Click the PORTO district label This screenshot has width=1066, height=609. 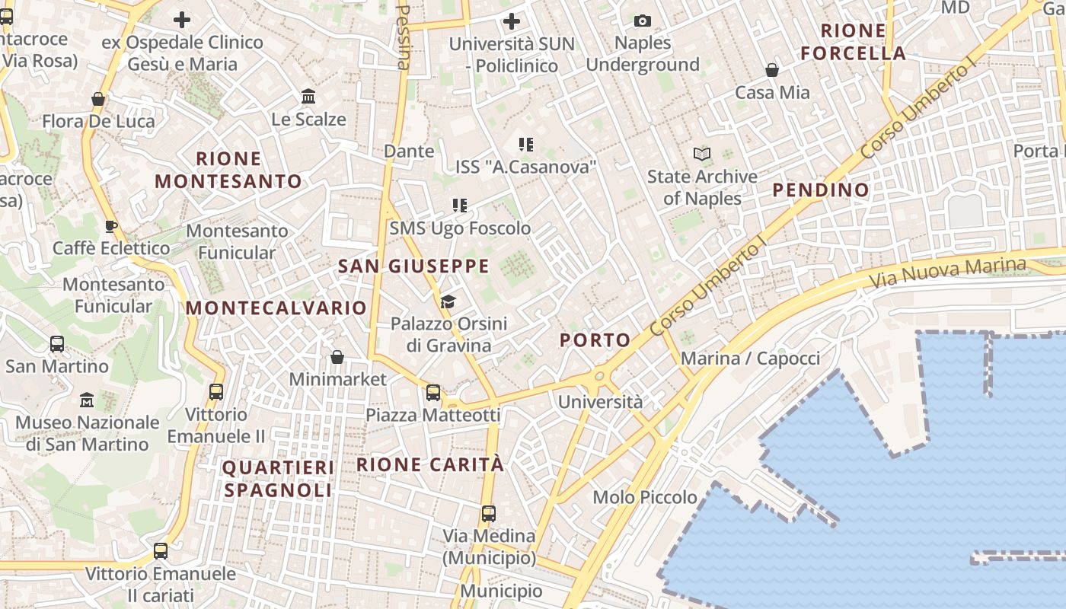coord(595,340)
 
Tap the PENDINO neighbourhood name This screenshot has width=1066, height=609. coord(821,190)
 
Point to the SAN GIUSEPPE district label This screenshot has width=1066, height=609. coord(413,266)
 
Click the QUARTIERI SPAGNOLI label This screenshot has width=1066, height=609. coord(278,478)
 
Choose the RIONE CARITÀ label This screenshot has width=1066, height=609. coord(430,464)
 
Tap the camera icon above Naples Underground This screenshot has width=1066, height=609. coord(643,21)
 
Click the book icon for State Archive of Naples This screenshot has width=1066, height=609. coord(701,155)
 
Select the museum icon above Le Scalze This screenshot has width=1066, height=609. coord(308,97)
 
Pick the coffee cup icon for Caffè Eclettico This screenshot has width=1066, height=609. coord(111,226)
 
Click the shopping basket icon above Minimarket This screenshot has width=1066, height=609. coord(337,357)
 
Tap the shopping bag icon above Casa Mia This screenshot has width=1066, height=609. coord(772,70)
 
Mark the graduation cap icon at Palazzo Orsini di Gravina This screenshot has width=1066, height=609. coord(448,302)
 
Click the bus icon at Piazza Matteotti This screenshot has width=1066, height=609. coord(433,393)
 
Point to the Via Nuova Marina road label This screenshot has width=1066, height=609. coord(948,273)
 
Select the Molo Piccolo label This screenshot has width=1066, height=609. coord(645,498)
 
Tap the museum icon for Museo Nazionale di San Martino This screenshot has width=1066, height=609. coord(87,400)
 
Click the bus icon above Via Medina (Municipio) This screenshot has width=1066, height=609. coord(489,514)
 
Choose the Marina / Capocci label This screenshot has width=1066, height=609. coord(750,359)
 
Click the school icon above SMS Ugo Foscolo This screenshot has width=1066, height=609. coord(460,206)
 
